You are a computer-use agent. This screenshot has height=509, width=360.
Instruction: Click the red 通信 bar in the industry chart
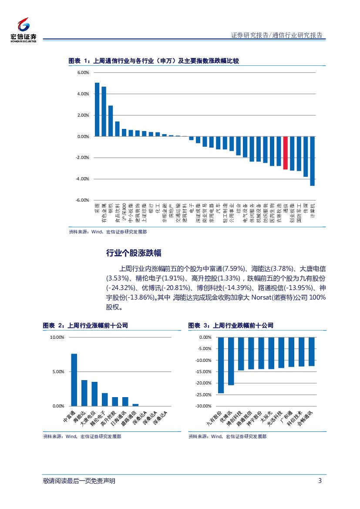coord(285,153)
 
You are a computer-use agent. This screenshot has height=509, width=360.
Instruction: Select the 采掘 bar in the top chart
coord(97,109)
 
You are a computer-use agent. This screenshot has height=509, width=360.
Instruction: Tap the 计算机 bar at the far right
coord(312,161)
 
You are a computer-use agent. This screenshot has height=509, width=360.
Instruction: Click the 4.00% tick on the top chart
coord(83,94)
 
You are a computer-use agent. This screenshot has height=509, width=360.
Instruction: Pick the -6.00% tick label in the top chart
coord(82,200)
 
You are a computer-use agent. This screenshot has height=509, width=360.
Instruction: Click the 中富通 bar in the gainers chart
coord(74,380)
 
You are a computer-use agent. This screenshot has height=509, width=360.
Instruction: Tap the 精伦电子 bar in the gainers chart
coord(104,399)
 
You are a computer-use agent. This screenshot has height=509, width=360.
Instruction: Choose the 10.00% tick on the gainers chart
coord(57,337)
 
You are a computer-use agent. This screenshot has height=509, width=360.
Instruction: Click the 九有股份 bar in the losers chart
coord(221,365)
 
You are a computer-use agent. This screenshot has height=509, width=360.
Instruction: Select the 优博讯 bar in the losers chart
coord(231,361)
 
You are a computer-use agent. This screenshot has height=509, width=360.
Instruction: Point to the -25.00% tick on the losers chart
coord(204,395)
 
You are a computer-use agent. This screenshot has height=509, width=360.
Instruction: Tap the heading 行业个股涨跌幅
coord(134,253)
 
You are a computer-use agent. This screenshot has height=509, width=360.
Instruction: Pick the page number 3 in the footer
coord(320,481)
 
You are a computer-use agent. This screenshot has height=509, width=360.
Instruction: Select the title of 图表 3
coord(231,326)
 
